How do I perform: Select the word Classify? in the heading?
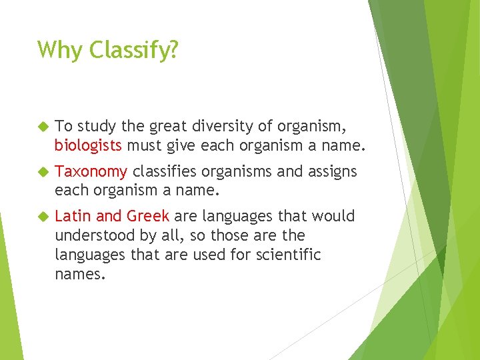133,50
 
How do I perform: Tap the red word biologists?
88,145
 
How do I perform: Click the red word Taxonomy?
91,172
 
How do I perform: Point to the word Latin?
74,216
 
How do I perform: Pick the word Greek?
148,216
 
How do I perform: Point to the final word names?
79,273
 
